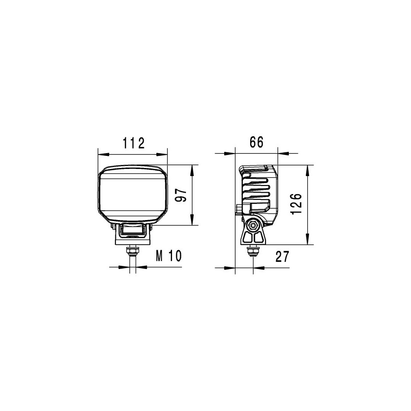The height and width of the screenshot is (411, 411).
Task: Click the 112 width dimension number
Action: click(134, 143)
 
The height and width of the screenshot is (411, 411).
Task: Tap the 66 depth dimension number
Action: click(256, 142)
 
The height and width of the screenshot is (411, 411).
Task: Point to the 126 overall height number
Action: click(296, 204)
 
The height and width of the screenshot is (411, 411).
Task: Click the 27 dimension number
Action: click(282, 256)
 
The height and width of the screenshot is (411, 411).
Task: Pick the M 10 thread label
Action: click(168, 256)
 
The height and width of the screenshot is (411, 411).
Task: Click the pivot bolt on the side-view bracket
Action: click(253, 225)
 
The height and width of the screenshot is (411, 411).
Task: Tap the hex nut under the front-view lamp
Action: click(133, 251)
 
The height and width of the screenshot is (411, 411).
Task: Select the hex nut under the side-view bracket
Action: click(253, 252)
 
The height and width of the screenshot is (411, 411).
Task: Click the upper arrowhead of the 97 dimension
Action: click(192, 170)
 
